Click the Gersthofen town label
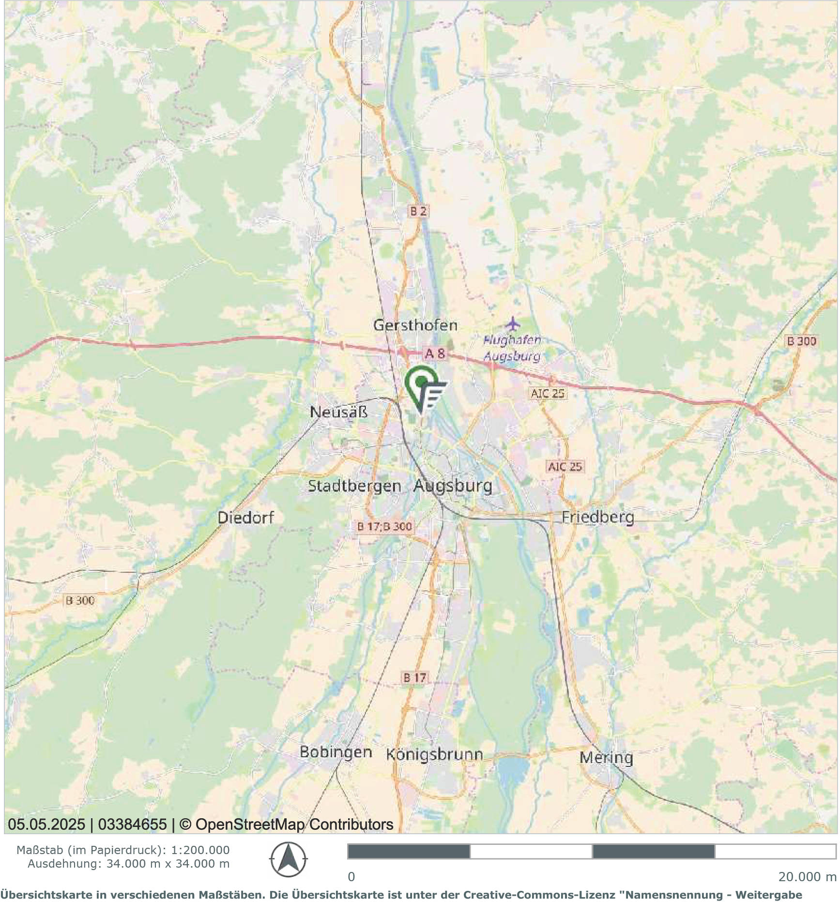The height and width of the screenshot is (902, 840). tap(415, 325)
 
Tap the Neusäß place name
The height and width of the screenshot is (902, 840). tap(338, 412)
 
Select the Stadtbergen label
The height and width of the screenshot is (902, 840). tap(354, 486)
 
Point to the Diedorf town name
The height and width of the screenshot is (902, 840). tap(245, 518)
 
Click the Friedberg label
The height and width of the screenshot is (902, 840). tap(597, 517)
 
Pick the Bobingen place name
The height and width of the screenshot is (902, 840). tap(336, 752)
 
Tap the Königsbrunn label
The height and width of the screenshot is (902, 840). tap(434, 754)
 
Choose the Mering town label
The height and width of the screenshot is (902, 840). tap(606, 757)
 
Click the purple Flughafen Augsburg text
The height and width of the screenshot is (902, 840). tap(512, 348)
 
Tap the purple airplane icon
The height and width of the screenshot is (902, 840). tap(512, 322)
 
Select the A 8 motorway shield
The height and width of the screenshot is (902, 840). tap(434, 354)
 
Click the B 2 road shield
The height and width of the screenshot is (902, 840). tap(418, 211)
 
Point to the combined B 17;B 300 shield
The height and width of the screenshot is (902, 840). tap(384, 526)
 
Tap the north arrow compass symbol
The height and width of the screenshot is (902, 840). tap(288, 860)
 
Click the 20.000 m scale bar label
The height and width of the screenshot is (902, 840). tap(807, 877)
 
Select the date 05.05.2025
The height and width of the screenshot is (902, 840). tap(46, 825)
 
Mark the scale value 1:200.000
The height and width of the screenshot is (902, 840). tap(200, 850)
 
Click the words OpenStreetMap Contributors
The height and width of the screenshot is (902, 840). tap(294, 825)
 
